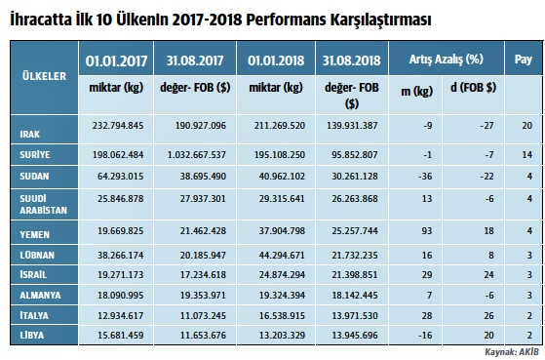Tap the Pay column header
tap(522, 59)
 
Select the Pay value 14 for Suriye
tap(526, 153)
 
